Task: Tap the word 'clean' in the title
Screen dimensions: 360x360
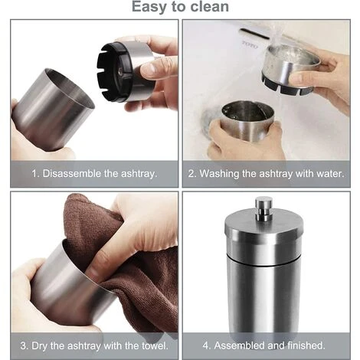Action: [x=208, y=8]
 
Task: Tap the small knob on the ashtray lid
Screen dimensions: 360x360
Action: [x=264, y=207]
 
